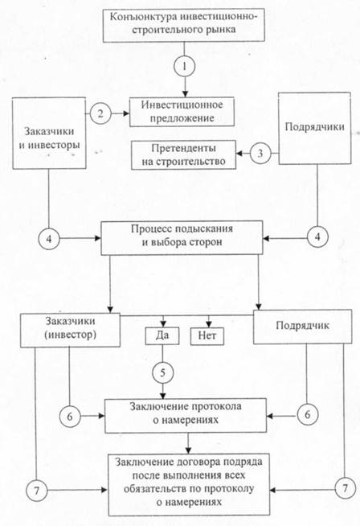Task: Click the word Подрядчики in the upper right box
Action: click(314, 127)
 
